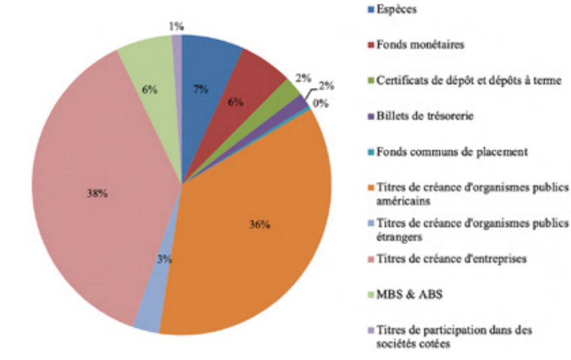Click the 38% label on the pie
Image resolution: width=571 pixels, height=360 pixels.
[97, 193]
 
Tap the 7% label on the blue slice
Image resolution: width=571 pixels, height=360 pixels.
[201, 90]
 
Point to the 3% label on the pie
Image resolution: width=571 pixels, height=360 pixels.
[165, 260]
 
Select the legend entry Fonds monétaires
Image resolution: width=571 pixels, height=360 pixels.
[420, 45]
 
